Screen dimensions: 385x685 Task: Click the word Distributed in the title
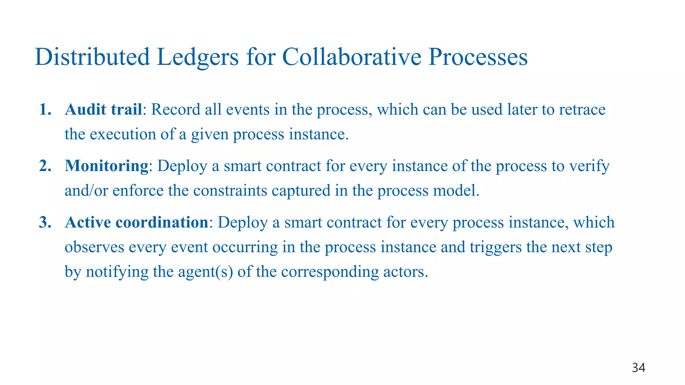click(x=92, y=57)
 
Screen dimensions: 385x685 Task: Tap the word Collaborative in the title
click(x=352, y=57)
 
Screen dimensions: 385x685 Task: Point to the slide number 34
click(x=639, y=368)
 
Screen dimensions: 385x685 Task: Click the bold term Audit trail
click(x=104, y=110)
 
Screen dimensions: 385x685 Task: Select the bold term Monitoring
click(x=107, y=166)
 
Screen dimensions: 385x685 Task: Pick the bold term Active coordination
click(x=137, y=223)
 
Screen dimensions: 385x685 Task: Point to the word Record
click(x=176, y=110)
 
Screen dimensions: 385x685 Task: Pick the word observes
click(x=94, y=247)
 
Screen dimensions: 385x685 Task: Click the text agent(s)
click(x=205, y=272)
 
